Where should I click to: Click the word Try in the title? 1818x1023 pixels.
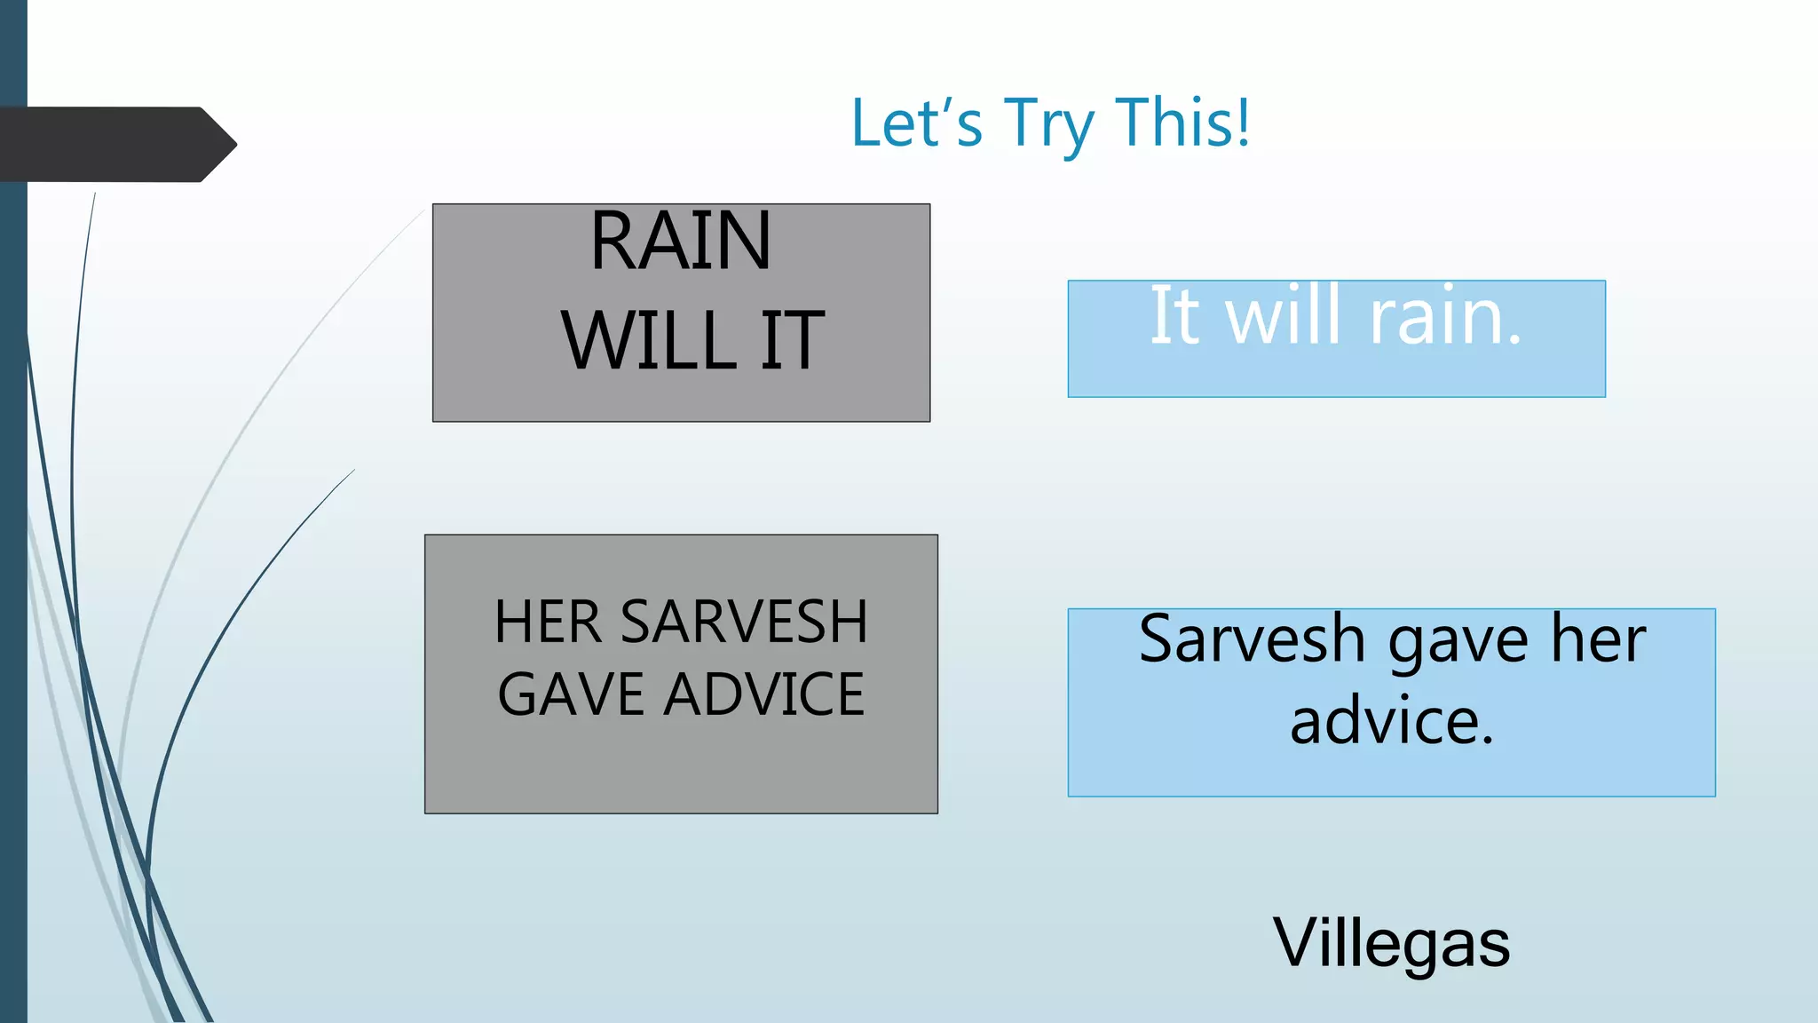tap(1047, 124)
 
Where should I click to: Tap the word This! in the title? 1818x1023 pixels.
tap(1183, 122)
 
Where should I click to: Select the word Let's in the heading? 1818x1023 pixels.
tap(916, 123)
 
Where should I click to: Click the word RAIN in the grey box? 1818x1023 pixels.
tap(681, 242)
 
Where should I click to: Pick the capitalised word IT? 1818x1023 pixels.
tap(793, 341)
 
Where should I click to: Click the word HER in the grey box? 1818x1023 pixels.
tap(548, 622)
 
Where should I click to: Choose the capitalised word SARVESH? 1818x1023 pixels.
tap(744, 622)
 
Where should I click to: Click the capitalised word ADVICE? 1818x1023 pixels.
tap(764, 694)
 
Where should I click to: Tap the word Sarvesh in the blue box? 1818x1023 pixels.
tap(1252, 639)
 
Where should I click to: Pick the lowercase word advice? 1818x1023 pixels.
tap(1391, 721)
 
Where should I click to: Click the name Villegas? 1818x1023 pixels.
tap(1391, 943)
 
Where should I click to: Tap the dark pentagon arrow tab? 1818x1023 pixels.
tap(115, 145)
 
